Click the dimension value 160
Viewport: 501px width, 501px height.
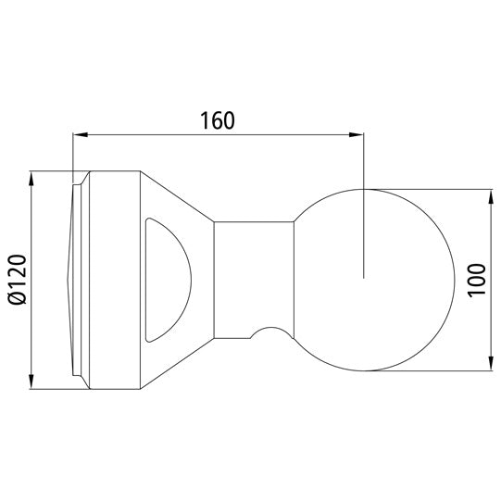click(x=217, y=120)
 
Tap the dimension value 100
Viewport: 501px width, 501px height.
click(x=476, y=279)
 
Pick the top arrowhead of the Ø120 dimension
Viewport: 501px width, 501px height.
click(x=32, y=177)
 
